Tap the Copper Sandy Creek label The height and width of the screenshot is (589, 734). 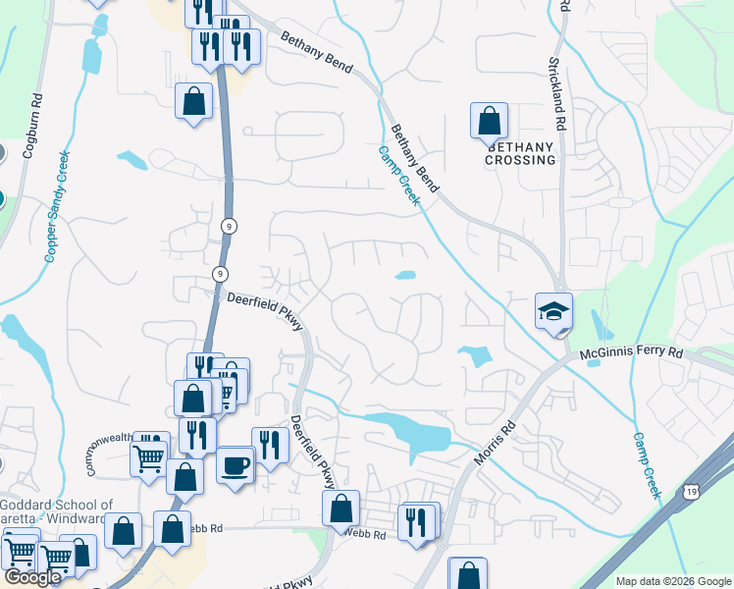pyautogui.click(x=57, y=205)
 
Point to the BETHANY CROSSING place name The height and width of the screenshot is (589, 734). pyautogui.click(x=520, y=153)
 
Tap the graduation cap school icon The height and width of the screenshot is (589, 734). pyautogui.click(x=553, y=311)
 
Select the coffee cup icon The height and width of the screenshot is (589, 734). pyautogui.click(x=235, y=464)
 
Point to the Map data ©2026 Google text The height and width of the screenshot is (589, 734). pyautogui.click(x=673, y=581)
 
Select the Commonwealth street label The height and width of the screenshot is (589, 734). pyautogui.click(x=108, y=454)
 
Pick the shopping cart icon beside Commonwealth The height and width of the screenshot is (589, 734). pyautogui.click(x=149, y=454)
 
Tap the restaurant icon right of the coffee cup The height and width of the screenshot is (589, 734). pyautogui.click(x=269, y=445)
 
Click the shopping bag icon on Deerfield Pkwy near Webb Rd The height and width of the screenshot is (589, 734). pyautogui.click(x=341, y=509)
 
